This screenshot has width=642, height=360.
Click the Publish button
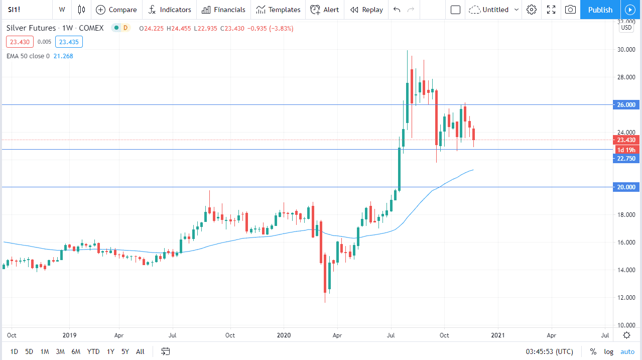click(600, 10)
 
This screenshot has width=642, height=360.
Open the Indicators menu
click(170, 10)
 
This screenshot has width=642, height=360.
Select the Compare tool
click(116, 10)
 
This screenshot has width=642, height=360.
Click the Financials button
click(223, 10)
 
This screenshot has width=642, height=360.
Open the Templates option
click(278, 10)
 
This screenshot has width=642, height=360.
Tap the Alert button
click(324, 10)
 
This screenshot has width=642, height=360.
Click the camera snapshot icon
click(570, 10)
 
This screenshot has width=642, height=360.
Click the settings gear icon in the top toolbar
click(532, 10)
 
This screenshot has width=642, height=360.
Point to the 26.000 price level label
click(626, 104)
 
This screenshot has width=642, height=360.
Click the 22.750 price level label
click(626, 158)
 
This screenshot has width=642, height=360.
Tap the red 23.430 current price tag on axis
click(626, 140)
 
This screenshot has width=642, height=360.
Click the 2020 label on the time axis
click(284, 335)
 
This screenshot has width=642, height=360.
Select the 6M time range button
click(76, 351)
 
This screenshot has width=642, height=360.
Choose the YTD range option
click(93, 351)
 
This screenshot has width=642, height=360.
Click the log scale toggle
click(608, 351)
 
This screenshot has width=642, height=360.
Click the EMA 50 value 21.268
click(64, 56)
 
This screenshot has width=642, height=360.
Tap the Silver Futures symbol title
click(31, 28)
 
